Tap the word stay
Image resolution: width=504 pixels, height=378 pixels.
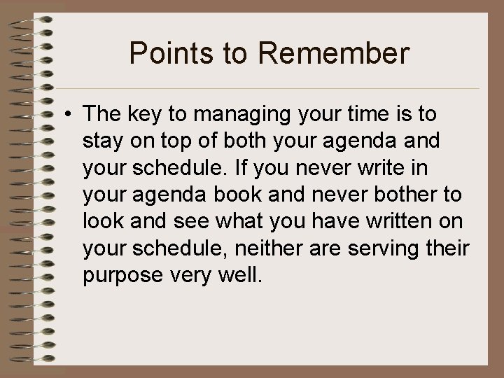tap(101, 141)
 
